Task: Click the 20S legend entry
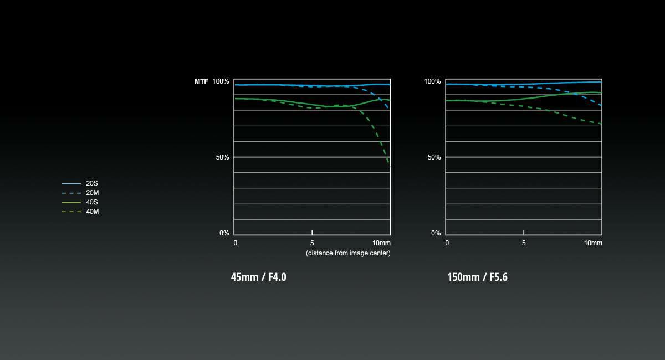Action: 92,183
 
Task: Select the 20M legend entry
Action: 93,193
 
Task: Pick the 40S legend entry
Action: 93,202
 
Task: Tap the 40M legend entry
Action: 93,212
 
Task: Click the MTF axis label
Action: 201,81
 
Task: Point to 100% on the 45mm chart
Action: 221,81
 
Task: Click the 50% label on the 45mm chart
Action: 222,157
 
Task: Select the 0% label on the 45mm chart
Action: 224,233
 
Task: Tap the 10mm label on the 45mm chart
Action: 381,243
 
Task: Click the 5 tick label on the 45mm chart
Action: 312,243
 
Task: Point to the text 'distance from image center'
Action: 348,253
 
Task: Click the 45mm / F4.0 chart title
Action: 258,277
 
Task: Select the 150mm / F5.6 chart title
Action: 477,277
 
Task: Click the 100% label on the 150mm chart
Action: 432,81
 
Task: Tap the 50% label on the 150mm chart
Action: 434,157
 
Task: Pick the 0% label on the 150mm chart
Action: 436,233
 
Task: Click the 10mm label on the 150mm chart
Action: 592,243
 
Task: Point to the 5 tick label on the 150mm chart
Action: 524,243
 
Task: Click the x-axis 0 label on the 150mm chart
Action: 447,243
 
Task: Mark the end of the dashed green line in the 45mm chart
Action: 390,165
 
